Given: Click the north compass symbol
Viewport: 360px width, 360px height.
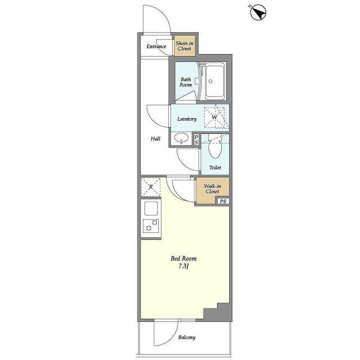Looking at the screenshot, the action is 258,12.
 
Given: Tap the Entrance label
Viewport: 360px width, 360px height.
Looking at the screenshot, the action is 156,46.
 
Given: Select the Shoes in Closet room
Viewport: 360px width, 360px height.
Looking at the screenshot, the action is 185,46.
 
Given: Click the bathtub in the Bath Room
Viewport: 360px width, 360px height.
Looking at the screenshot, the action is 215,81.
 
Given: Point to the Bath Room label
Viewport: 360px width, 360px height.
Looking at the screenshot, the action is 186,82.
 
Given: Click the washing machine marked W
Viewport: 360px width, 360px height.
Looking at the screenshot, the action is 214,118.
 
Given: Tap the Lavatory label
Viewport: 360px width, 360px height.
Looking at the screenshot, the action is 187,119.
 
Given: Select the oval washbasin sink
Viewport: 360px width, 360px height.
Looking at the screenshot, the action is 181,138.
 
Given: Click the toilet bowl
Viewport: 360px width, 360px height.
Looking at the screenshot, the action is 215,148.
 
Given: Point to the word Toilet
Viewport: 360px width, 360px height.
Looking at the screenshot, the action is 215,168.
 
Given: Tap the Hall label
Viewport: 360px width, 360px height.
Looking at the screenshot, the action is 155,139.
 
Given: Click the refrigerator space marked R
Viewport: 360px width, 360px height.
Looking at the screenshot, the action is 150,187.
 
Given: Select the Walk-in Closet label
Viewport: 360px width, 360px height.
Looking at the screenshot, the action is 213,189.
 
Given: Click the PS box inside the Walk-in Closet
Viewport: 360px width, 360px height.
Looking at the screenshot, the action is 223,201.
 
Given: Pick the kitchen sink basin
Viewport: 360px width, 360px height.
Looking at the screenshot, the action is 151,208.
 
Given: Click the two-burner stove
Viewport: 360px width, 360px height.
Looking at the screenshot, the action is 151,226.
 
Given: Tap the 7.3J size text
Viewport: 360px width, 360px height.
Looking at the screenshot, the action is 183,267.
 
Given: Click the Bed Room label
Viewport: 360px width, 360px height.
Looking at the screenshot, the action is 183,259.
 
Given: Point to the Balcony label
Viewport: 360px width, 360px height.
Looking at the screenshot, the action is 187,337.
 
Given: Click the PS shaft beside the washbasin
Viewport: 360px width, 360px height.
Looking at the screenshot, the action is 196,140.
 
